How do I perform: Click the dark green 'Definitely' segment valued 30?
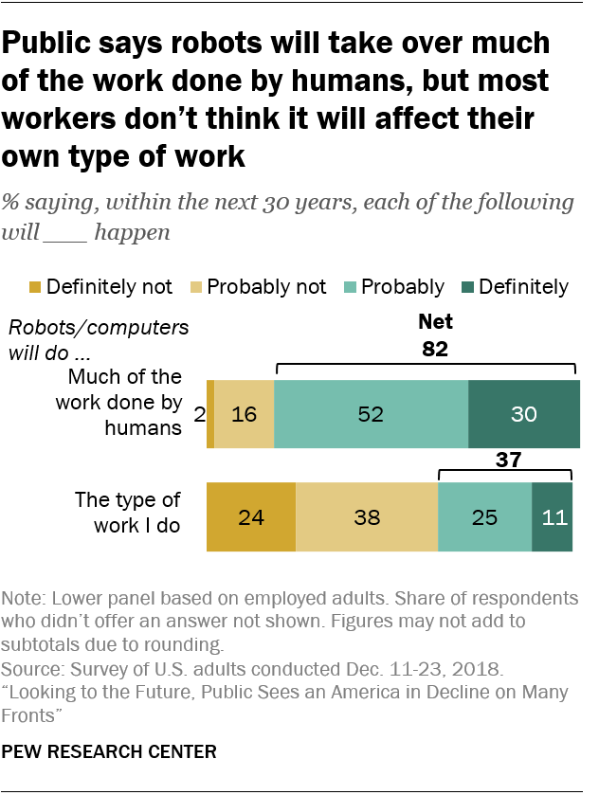click(x=523, y=413)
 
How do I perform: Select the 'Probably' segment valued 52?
click(x=371, y=413)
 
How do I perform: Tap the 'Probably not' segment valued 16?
click(x=244, y=413)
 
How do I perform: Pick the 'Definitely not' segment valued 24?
click(x=251, y=516)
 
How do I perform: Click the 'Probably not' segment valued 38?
click(x=367, y=516)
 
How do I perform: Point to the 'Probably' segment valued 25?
click(x=484, y=516)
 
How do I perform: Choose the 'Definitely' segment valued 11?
click(x=553, y=516)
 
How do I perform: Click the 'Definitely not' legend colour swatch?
click(x=36, y=287)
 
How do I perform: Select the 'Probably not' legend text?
click(x=266, y=286)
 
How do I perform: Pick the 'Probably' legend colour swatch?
click(x=350, y=287)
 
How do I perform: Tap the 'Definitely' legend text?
click(x=524, y=286)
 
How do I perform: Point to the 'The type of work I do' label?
click(x=127, y=513)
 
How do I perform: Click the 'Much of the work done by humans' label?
click(x=125, y=403)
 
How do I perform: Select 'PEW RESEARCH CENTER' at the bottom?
click(x=110, y=752)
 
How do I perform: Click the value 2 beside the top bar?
click(x=199, y=414)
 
